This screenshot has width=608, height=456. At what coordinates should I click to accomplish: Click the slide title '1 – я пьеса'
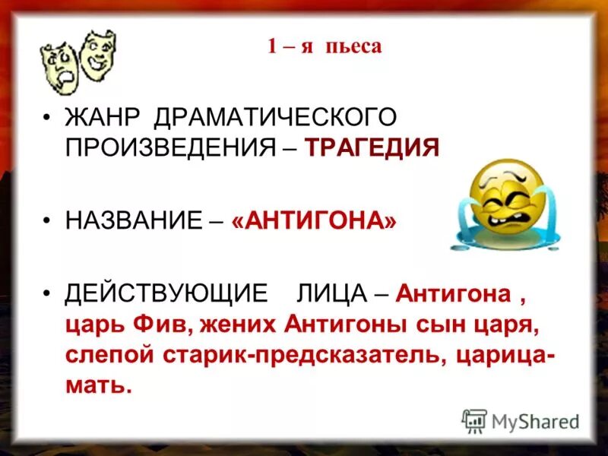point(324,47)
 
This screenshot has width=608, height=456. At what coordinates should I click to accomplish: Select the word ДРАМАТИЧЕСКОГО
point(275,118)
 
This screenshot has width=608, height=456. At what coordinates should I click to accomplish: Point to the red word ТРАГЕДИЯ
point(372,147)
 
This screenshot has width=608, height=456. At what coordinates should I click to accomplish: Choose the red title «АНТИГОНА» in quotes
point(315,220)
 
